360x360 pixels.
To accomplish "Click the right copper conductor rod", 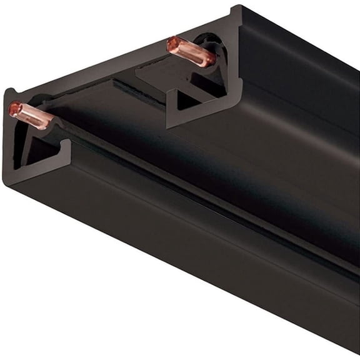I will [x=191, y=51].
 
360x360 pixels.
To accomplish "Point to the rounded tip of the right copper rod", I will [x=171, y=44].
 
